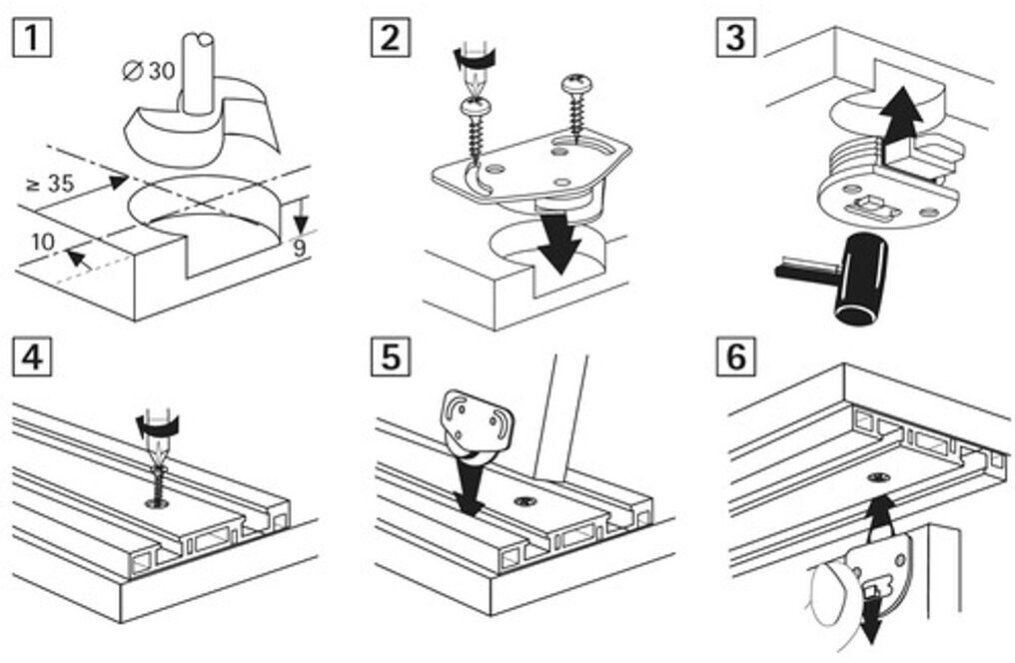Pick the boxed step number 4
pyautogui.click(x=33, y=356)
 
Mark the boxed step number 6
pyautogui.click(x=735, y=356)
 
